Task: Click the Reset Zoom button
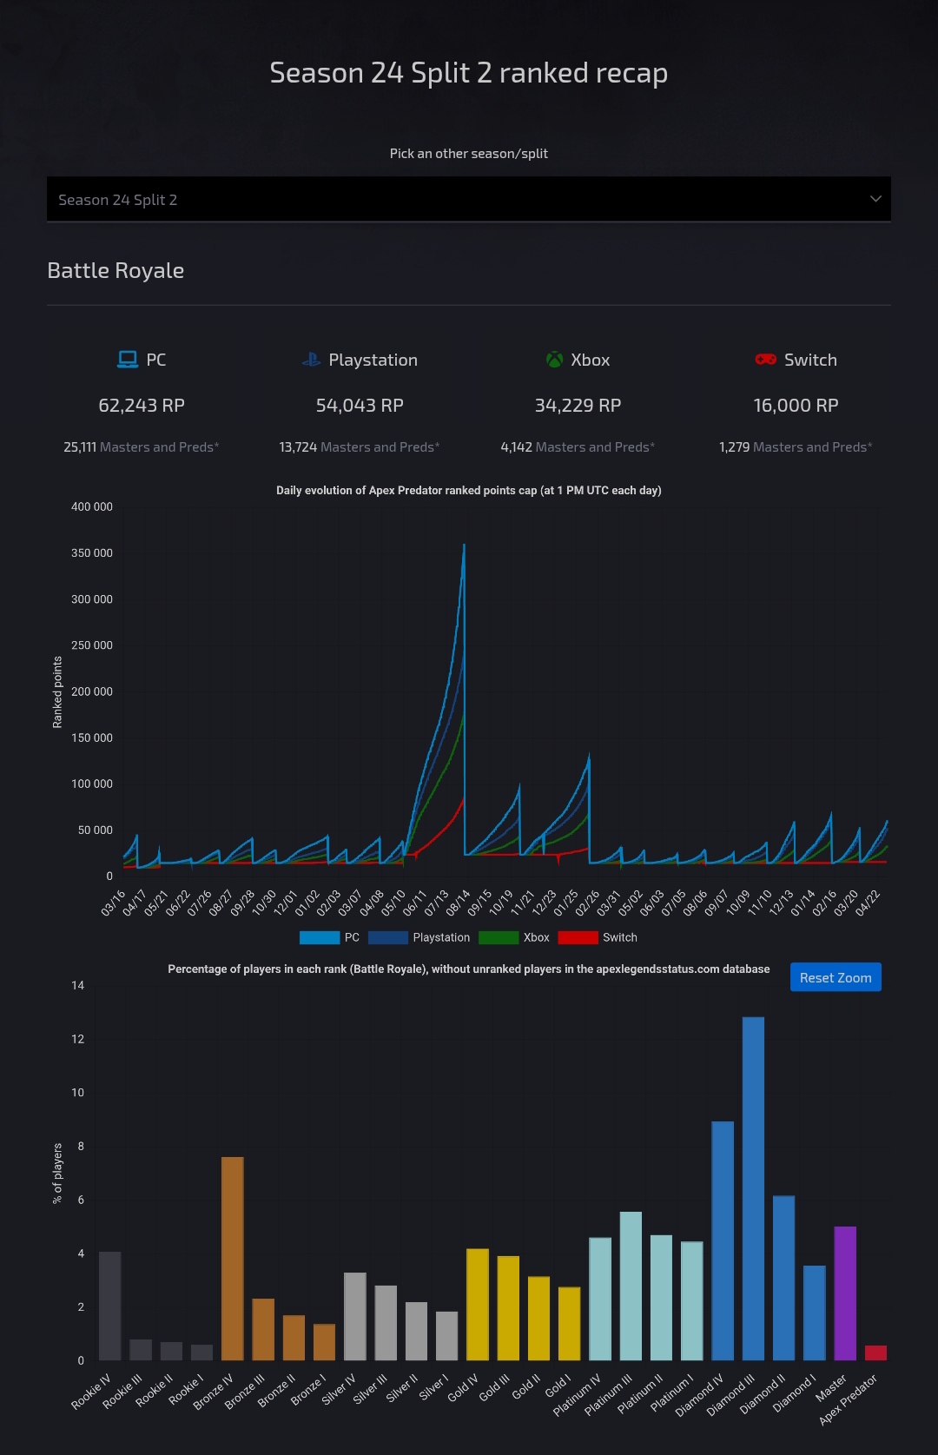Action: [835, 977]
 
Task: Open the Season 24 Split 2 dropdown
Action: [469, 200]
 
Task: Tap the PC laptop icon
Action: [128, 360]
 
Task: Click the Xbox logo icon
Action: [554, 360]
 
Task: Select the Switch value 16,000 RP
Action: [796, 406]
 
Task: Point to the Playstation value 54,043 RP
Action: [360, 406]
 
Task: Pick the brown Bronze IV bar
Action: [233, 1259]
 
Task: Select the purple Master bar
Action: [845, 1293]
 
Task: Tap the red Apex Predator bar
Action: [875, 1352]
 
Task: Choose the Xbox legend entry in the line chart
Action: [514, 937]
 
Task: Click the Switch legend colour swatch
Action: [578, 937]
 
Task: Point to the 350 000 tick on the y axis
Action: [92, 553]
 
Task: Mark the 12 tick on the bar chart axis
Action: [78, 1039]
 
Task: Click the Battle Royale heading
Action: [116, 271]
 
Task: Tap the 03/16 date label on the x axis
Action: [114, 903]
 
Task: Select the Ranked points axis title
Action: [58, 691]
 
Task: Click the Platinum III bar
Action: [631, 1286]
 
